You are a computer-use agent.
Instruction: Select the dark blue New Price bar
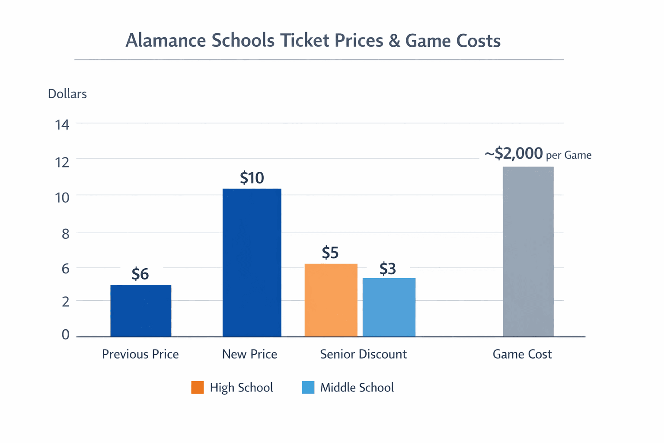pyautogui.click(x=252, y=263)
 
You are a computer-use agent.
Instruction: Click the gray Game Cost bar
pyautogui.click(x=528, y=251)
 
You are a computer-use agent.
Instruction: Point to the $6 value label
pyautogui.click(x=140, y=274)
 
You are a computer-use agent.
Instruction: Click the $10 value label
pyautogui.click(x=252, y=178)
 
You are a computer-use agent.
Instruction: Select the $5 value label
pyautogui.click(x=330, y=252)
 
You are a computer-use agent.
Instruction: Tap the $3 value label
pyautogui.click(x=387, y=269)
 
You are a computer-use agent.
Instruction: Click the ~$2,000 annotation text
pyautogui.click(x=514, y=154)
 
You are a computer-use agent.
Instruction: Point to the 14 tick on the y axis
pyautogui.click(x=62, y=125)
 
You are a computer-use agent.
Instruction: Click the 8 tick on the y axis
pyautogui.click(x=65, y=234)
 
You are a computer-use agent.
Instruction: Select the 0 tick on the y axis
pyautogui.click(x=65, y=334)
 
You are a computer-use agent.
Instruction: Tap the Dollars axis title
pyautogui.click(x=67, y=94)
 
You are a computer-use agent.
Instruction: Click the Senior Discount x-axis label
pyautogui.click(x=363, y=354)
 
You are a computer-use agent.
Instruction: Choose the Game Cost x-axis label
pyautogui.click(x=522, y=354)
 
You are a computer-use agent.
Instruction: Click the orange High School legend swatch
pyautogui.click(x=198, y=387)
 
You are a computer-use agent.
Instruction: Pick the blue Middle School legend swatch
pyautogui.click(x=308, y=387)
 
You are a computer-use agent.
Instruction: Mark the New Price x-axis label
pyautogui.click(x=249, y=354)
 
